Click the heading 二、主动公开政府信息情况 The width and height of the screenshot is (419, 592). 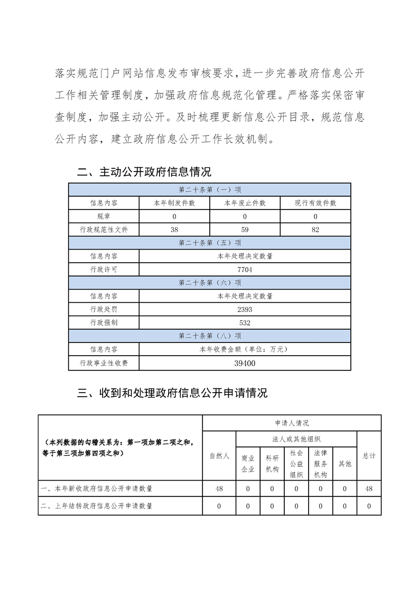point(144,172)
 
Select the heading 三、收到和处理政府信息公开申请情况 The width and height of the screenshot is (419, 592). point(172,393)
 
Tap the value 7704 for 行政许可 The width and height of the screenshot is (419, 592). point(245,270)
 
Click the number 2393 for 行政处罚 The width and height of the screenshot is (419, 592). point(245,309)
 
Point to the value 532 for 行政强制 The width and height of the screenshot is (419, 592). point(245,322)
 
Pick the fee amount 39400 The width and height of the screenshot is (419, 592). point(245,363)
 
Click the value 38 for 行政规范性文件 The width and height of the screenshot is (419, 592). point(174,230)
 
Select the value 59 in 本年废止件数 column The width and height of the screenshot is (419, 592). point(245,230)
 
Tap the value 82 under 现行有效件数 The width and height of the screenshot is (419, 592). point(315,230)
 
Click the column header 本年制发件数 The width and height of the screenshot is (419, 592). point(174,203)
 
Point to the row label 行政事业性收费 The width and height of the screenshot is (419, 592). point(104,363)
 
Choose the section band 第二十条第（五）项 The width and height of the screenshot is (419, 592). point(210,243)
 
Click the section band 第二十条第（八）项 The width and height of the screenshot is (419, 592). point(210,336)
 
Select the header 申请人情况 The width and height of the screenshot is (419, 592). point(292,423)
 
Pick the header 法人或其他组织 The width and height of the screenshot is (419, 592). point(296,439)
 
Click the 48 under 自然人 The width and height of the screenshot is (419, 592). point(219,489)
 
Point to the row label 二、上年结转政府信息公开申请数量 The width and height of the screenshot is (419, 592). point(97,506)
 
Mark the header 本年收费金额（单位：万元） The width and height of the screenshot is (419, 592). point(245,349)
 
